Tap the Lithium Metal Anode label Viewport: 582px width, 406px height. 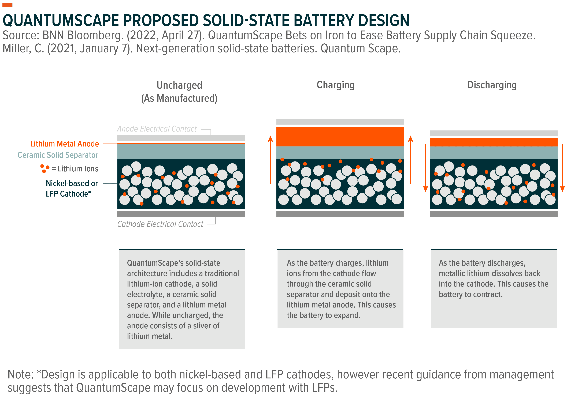point(64,144)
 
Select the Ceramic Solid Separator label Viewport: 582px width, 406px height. point(58,155)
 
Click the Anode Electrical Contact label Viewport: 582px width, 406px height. point(157,129)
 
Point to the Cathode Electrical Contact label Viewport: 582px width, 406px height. point(160,224)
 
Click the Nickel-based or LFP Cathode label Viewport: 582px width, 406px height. point(72,188)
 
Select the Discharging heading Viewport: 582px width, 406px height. point(492,85)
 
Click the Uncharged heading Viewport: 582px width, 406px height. point(179,85)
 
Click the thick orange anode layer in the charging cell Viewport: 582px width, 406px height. point(340,137)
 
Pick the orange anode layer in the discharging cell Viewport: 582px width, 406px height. point(494,142)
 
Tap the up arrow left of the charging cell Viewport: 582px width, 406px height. point(270,160)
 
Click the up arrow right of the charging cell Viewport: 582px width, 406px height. point(411,160)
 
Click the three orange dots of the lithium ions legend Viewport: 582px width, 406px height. point(45,169)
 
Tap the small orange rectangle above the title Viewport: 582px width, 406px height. point(7,5)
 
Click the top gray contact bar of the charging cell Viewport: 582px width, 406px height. point(340,122)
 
